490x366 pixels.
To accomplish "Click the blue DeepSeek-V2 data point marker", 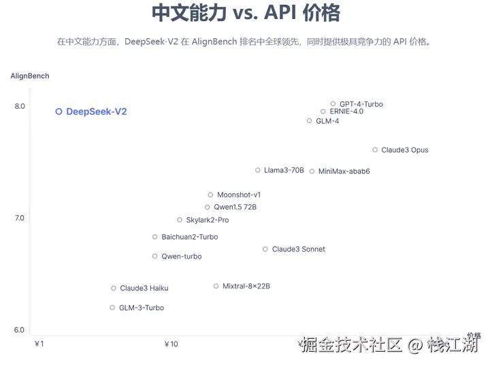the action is pos(59,112).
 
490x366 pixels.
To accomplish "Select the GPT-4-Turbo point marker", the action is pos(333,104).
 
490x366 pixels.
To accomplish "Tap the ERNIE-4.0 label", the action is pos(346,112).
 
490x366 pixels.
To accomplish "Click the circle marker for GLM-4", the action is pos(310,121).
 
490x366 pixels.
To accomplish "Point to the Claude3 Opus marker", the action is pos(375,150).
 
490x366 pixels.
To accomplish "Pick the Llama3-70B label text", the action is pos(284,170).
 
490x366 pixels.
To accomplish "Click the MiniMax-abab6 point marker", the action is pos(312,171).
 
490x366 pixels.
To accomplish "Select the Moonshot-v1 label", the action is pos(239,195).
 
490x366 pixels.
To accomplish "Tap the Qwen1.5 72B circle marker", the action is pos(208,207).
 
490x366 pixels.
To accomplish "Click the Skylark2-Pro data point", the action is pos(180,220).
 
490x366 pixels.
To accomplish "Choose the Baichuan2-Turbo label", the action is pos(190,237).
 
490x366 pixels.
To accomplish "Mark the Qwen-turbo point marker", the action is pos(155,256).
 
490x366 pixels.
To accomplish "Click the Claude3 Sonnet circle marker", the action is pos(265,250).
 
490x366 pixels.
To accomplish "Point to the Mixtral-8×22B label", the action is pos(246,286).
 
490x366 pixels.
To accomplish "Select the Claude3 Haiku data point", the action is pos(114,288).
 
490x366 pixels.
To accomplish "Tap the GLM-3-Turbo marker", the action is pos(113,307).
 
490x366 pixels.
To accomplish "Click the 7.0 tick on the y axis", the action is pos(19,218).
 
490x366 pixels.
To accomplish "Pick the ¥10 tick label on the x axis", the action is pos(171,344).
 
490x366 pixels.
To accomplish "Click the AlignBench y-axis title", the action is pos(30,76).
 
